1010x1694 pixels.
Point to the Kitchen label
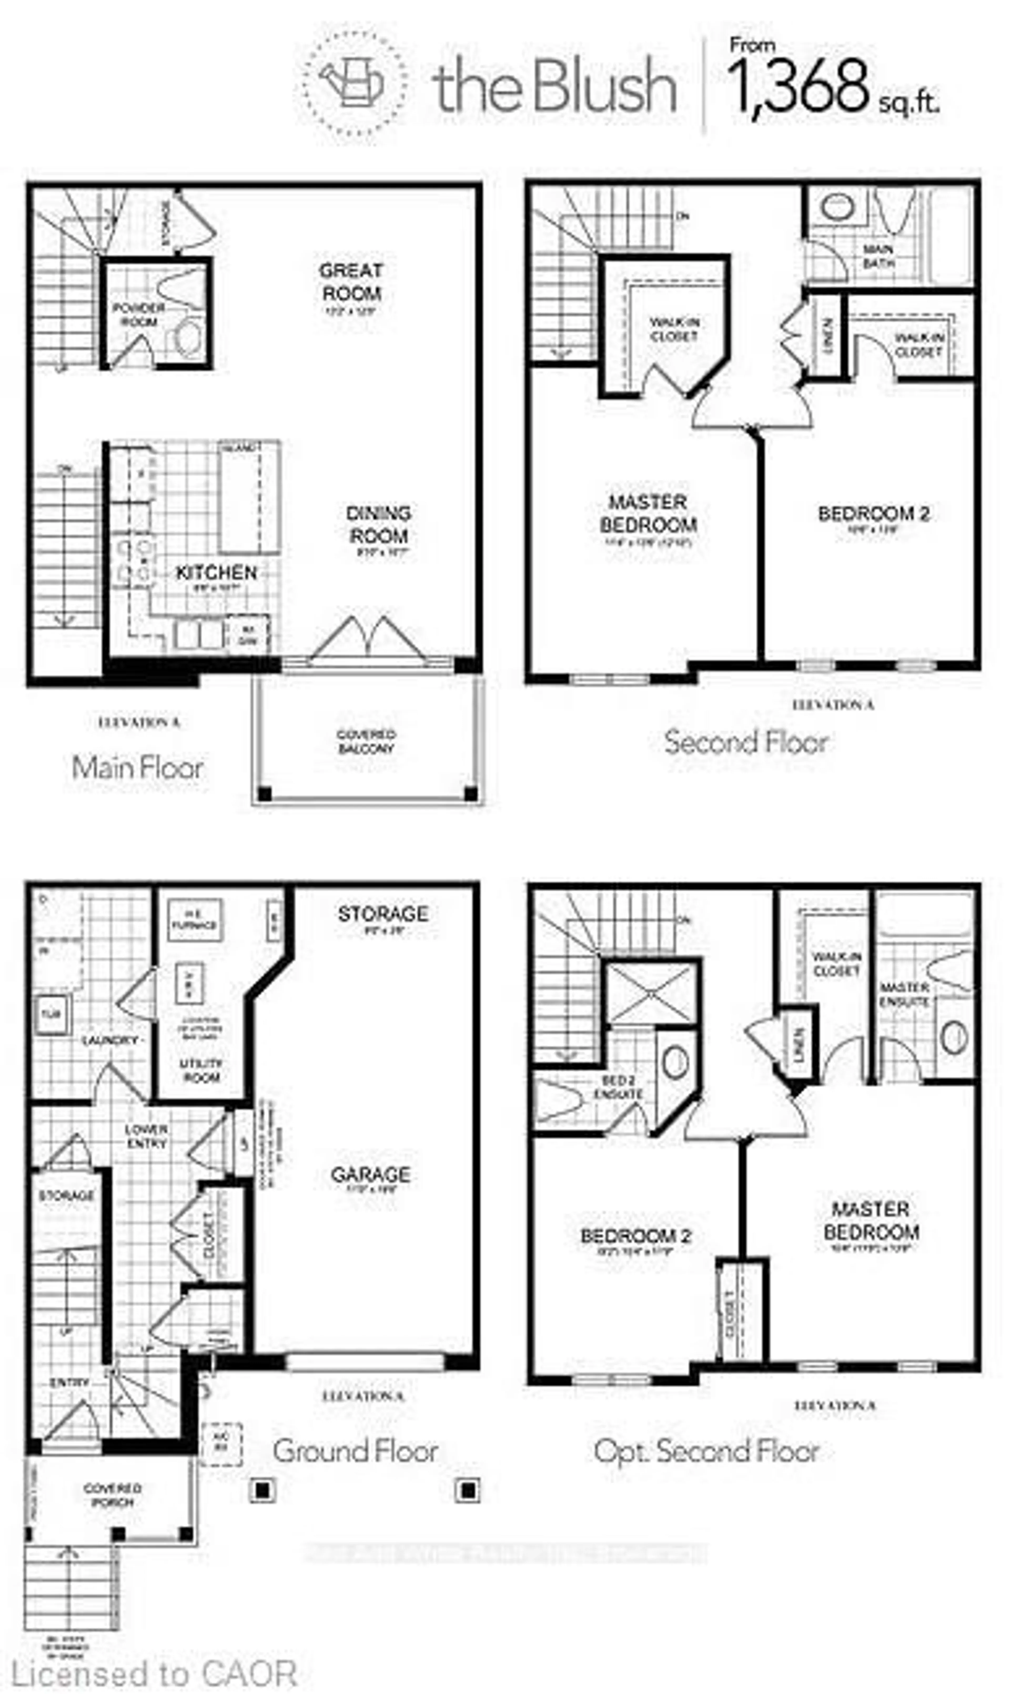pos(216,573)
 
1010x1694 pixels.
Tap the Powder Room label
pos(139,314)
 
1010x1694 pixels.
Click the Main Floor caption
pos(138,768)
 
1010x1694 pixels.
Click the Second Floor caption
pos(746,742)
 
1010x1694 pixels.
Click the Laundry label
pos(110,1040)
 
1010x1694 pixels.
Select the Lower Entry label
pos(146,1136)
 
